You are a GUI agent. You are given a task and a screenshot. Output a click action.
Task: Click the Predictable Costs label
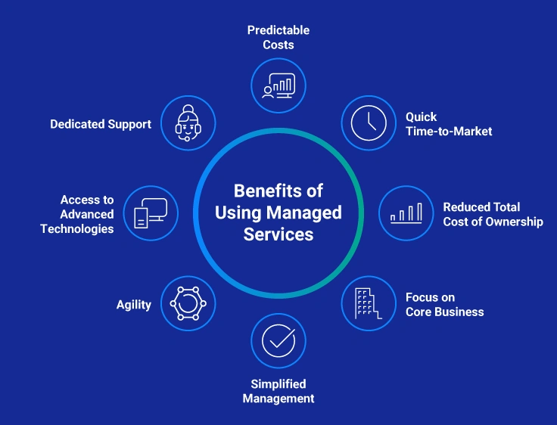(278, 37)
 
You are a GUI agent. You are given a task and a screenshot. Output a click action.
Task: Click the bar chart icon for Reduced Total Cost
(406, 214)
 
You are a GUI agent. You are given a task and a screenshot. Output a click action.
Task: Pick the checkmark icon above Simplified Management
(278, 341)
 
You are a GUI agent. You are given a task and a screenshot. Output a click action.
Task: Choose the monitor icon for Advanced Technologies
(150, 213)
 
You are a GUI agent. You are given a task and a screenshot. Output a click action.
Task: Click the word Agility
(134, 305)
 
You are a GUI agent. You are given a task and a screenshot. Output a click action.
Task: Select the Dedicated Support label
(101, 124)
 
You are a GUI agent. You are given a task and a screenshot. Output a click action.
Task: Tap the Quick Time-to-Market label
(448, 124)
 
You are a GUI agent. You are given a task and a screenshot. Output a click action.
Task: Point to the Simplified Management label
(278, 391)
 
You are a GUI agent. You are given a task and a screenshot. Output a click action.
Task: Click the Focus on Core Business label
(444, 304)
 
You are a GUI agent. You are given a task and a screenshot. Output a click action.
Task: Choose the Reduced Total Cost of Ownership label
(493, 214)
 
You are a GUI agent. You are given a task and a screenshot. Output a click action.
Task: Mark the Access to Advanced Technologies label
(77, 214)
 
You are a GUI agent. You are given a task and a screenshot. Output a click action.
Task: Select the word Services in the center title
(278, 234)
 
